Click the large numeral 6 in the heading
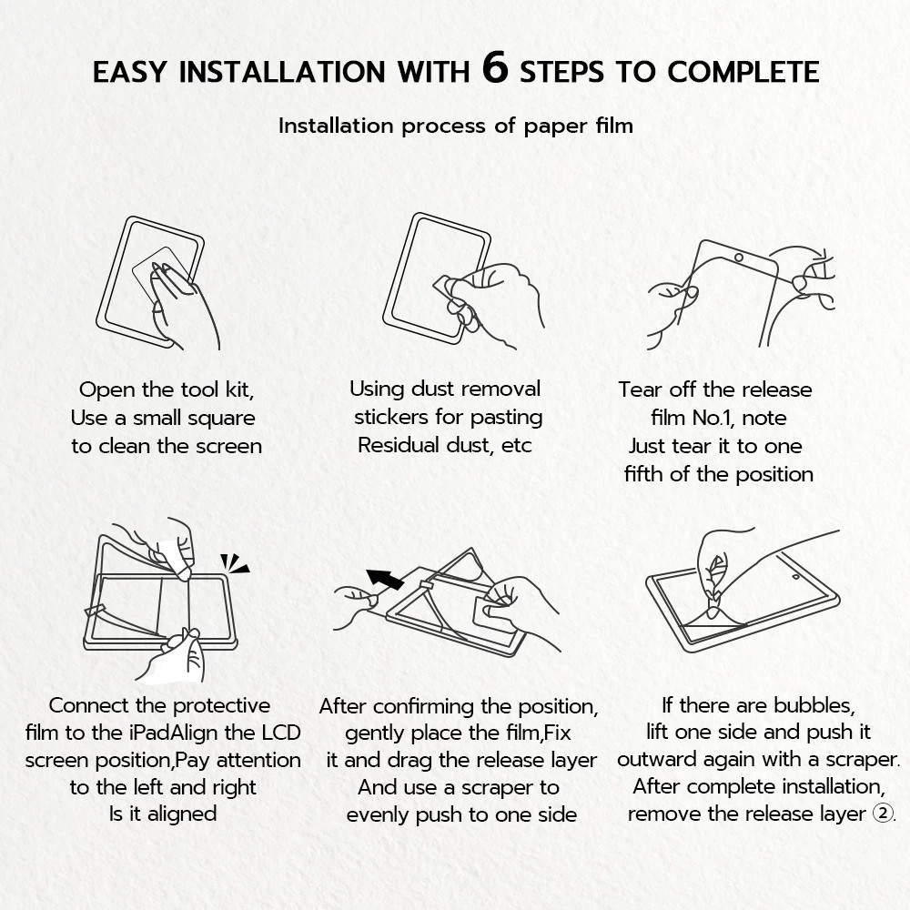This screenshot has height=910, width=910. click(495, 68)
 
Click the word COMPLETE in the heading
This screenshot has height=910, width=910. click(743, 72)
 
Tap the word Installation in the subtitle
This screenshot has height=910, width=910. click(336, 126)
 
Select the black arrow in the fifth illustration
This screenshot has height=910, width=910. click(384, 579)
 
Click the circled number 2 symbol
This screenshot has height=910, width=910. click(884, 813)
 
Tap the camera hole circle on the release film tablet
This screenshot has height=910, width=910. click(739, 258)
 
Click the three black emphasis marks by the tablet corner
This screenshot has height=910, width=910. click(234, 563)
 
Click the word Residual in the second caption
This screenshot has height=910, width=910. click(399, 445)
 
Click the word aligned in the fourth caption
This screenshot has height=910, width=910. click(182, 814)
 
